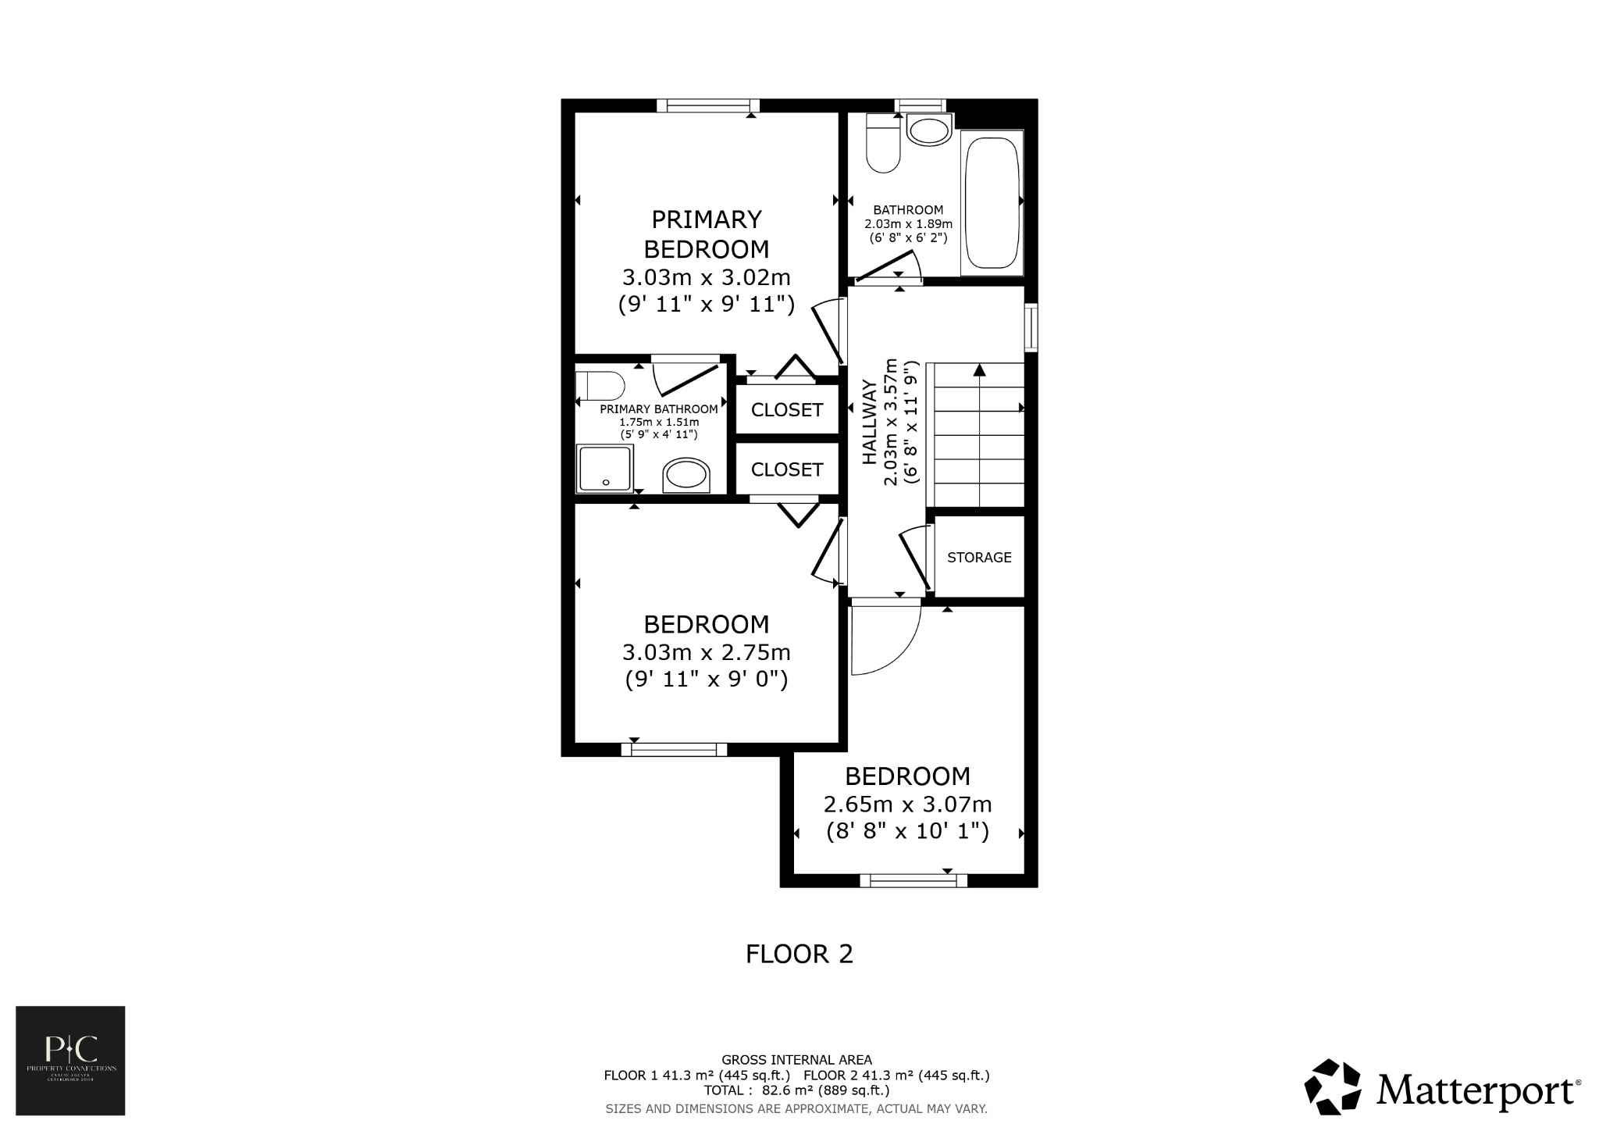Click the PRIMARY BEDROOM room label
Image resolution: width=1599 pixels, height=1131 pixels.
[706, 234]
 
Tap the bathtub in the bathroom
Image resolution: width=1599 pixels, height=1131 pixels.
[992, 203]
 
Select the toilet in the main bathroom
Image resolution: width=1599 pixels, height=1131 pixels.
[883, 144]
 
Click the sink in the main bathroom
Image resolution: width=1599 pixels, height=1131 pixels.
[929, 130]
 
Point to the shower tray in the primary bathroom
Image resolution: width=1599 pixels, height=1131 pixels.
[604, 469]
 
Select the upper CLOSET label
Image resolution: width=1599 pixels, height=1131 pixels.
[786, 410]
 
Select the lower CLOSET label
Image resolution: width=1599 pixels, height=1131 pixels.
[786, 469]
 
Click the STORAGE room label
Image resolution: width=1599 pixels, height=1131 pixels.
[979, 558]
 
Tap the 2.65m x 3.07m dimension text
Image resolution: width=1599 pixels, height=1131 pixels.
[907, 804]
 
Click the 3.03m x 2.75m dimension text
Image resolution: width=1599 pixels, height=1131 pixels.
[706, 652]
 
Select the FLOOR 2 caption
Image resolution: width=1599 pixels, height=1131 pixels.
[799, 954]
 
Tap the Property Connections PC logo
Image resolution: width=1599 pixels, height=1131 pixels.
[70, 1060]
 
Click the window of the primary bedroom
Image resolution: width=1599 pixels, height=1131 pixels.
[707, 105]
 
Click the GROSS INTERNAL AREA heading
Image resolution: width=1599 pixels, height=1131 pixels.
[796, 1060]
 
